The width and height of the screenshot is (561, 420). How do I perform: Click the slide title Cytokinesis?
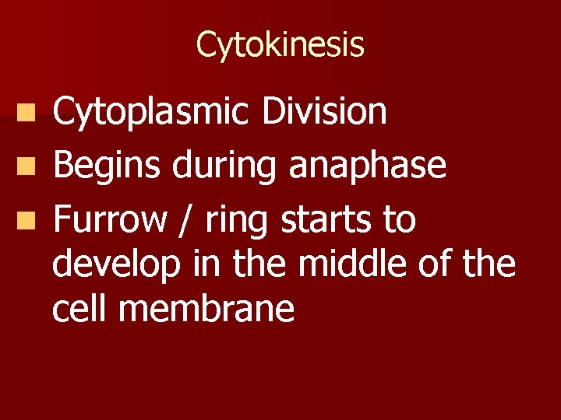(x=280, y=44)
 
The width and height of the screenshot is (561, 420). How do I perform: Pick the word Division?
(x=324, y=111)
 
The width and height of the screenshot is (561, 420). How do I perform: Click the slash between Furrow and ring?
(x=186, y=221)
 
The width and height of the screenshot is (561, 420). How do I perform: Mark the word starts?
(x=327, y=221)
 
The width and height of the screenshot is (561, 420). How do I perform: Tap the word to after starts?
(x=399, y=221)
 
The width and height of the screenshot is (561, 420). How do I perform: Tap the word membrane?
(x=208, y=309)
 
